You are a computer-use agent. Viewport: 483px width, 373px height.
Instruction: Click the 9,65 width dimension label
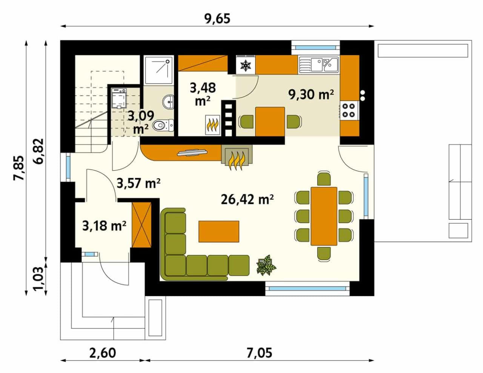(217, 18)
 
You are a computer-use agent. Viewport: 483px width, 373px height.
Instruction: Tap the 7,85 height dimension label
(18, 168)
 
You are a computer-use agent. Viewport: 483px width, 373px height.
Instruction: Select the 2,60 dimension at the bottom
(103, 353)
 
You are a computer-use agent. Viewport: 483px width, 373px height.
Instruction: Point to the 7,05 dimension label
(259, 353)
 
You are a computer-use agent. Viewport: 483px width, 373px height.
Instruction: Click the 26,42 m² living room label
(247, 199)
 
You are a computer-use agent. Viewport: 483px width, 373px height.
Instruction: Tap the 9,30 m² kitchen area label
(311, 95)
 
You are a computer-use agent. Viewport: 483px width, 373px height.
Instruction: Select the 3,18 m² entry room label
(104, 226)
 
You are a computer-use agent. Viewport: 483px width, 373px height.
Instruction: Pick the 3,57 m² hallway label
(138, 183)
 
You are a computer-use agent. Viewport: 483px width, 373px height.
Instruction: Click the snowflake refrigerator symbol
(245, 65)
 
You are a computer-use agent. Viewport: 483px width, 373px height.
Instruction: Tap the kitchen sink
(318, 65)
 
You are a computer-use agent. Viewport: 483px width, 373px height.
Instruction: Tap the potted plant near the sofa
(266, 265)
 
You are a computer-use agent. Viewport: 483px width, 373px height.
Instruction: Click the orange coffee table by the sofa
(219, 231)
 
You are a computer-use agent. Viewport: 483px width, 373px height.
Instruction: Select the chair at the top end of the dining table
(324, 178)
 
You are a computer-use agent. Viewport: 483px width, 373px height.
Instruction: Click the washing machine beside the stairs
(119, 98)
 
